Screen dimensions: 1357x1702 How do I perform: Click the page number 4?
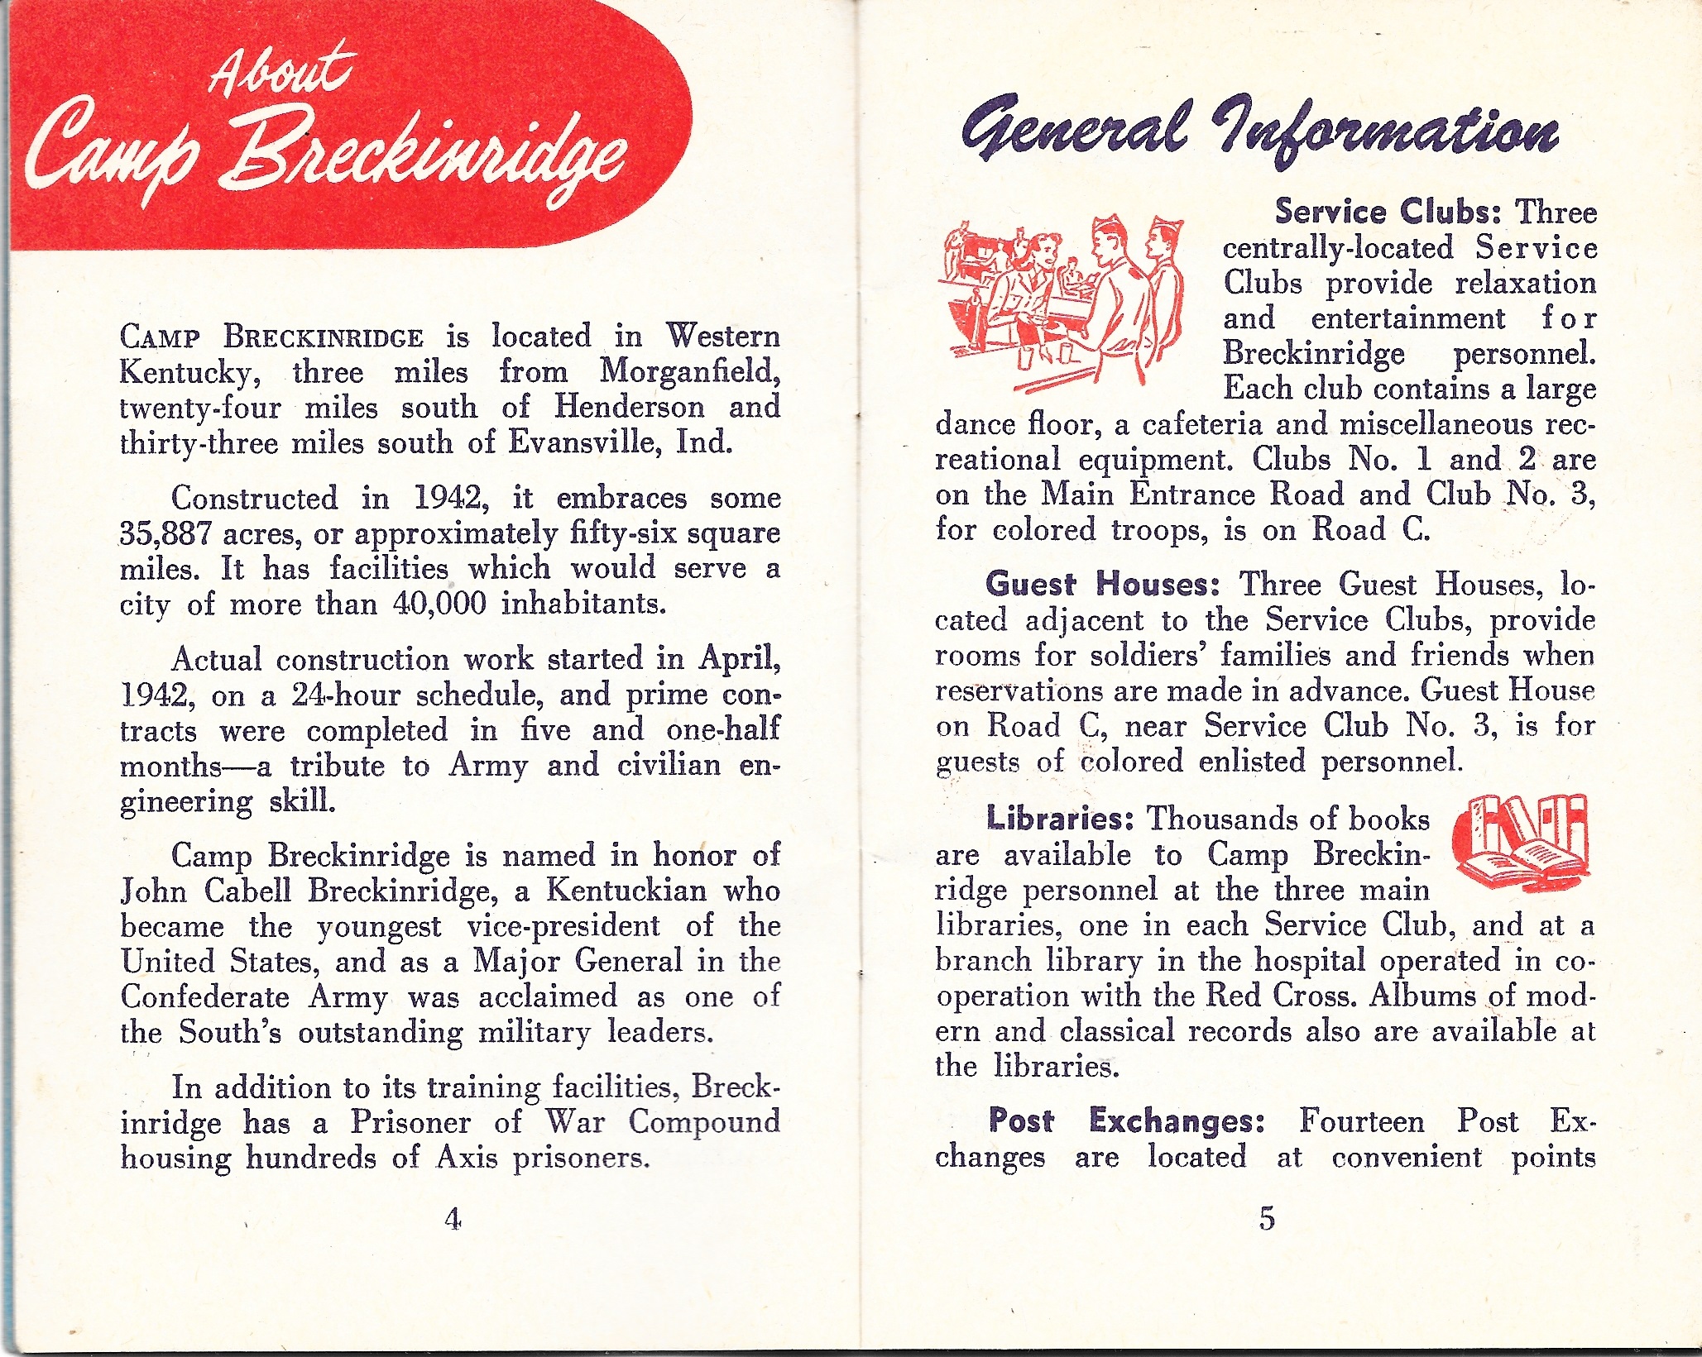tap(453, 1218)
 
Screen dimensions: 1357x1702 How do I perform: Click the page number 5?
tap(1267, 1218)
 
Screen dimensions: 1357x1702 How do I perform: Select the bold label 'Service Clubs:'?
tap(1388, 212)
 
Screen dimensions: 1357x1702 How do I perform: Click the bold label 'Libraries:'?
tap(1059, 819)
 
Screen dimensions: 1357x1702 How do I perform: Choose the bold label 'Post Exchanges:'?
tap(1127, 1120)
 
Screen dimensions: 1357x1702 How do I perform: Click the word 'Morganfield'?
tap(689, 371)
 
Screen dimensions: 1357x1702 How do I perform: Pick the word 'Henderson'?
tap(629, 407)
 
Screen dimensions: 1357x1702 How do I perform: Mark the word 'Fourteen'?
tap(1362, 1121)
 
